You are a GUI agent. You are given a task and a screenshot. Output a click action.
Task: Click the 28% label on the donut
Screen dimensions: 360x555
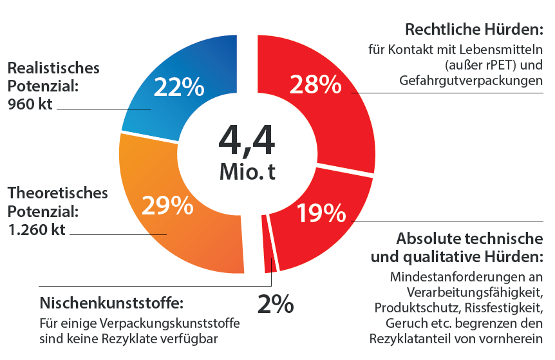[x=314, y=85]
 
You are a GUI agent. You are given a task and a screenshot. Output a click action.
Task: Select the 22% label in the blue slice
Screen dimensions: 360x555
[x=178, y=87]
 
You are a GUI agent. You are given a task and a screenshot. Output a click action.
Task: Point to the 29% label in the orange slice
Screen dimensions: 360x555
[x=167, y=205]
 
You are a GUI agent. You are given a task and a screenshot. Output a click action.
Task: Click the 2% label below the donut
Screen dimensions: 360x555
[x=275, y=303]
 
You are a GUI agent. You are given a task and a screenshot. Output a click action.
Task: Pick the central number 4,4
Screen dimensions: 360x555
[x=247, y=140]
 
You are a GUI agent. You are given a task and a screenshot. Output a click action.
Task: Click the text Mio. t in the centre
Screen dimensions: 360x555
[x=247, y=172]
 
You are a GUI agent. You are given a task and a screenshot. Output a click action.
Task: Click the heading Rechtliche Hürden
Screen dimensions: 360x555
[x=474, y=30]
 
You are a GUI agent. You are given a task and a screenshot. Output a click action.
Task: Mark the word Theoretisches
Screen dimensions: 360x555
[x=57, y=193]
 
